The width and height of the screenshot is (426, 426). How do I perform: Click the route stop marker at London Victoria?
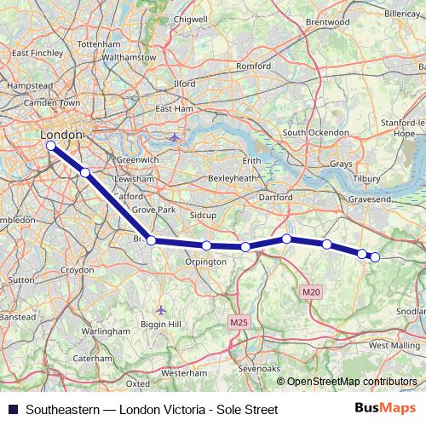click(51, 146)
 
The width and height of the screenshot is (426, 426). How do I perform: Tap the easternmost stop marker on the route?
click(374, 257)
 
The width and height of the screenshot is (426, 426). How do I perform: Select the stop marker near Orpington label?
click(207, 245)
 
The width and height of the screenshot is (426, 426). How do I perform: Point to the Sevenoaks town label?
click(260, 368)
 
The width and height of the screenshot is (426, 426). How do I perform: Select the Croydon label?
click(77, 269)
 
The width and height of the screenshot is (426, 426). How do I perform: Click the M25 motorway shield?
click(239, 322)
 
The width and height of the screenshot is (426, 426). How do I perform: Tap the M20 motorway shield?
click(311, 292)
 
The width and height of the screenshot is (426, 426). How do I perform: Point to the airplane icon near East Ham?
click(175, 136)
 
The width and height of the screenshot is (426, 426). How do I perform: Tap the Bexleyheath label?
click(233, 179)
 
